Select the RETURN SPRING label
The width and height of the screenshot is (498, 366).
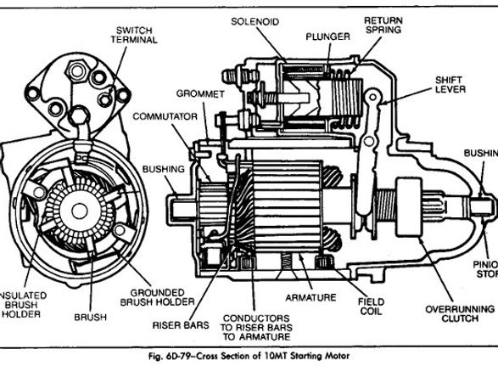(x=383, y=25)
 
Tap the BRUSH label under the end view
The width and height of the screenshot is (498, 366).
(x=90, y=317)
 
